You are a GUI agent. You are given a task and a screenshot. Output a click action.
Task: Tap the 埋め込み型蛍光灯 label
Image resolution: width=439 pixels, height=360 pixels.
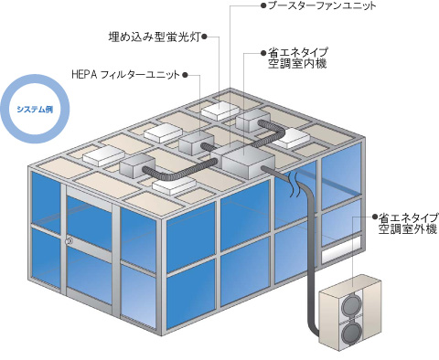(156, 38)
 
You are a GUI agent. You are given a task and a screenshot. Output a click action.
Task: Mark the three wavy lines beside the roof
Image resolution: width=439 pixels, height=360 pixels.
(294, 188)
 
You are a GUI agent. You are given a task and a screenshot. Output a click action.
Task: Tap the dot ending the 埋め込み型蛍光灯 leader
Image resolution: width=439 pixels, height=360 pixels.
(208, 38)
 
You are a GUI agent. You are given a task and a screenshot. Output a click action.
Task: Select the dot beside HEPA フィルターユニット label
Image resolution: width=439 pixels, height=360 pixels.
(187, 74)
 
